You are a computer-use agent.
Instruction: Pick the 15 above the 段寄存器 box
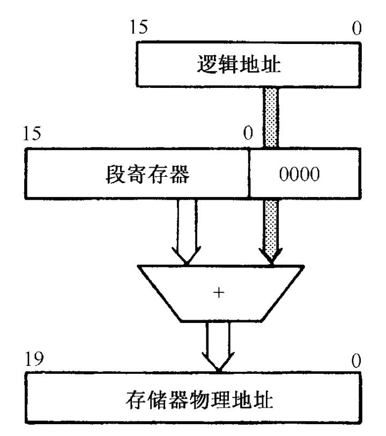(35, 134)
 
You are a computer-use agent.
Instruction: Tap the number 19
(35, 360)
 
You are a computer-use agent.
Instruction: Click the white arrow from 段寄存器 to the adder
(185, 230)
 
